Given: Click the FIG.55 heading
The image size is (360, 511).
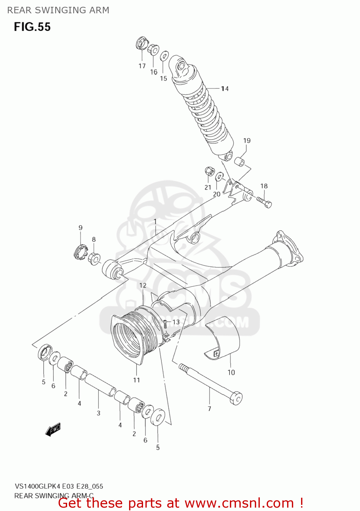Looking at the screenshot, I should [x=32, y=27].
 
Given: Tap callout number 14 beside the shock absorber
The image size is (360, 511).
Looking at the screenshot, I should [x=224, y=89].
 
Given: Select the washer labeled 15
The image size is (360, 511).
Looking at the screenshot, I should [x=164, y=56].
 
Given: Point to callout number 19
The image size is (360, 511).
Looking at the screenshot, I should [x=247, y=141].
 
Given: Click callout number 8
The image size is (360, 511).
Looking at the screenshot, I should [x=94, y=239].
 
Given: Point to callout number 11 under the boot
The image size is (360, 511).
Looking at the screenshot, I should [x=136, y=380].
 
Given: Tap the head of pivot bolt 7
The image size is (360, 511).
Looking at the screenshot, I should [x=236, y=398].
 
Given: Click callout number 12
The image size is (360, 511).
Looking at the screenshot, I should [x=143, y=285].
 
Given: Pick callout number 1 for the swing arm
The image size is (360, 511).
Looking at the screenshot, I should [x=155, y=222].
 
